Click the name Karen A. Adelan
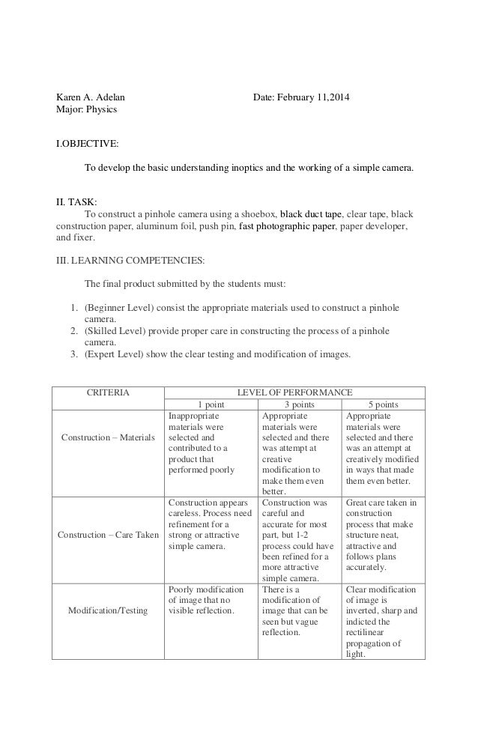[x=91, y=97]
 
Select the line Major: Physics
[x=87, y=110]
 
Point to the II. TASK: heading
[x=77, y=201]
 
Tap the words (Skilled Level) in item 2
[x=114, y=330]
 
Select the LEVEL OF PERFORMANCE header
[x=294, y=392]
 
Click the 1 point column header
[x=210, y=404]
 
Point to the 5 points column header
[x=383, y=404]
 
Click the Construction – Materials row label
[x=107, y=437]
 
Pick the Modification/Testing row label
[x=107, y=611]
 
